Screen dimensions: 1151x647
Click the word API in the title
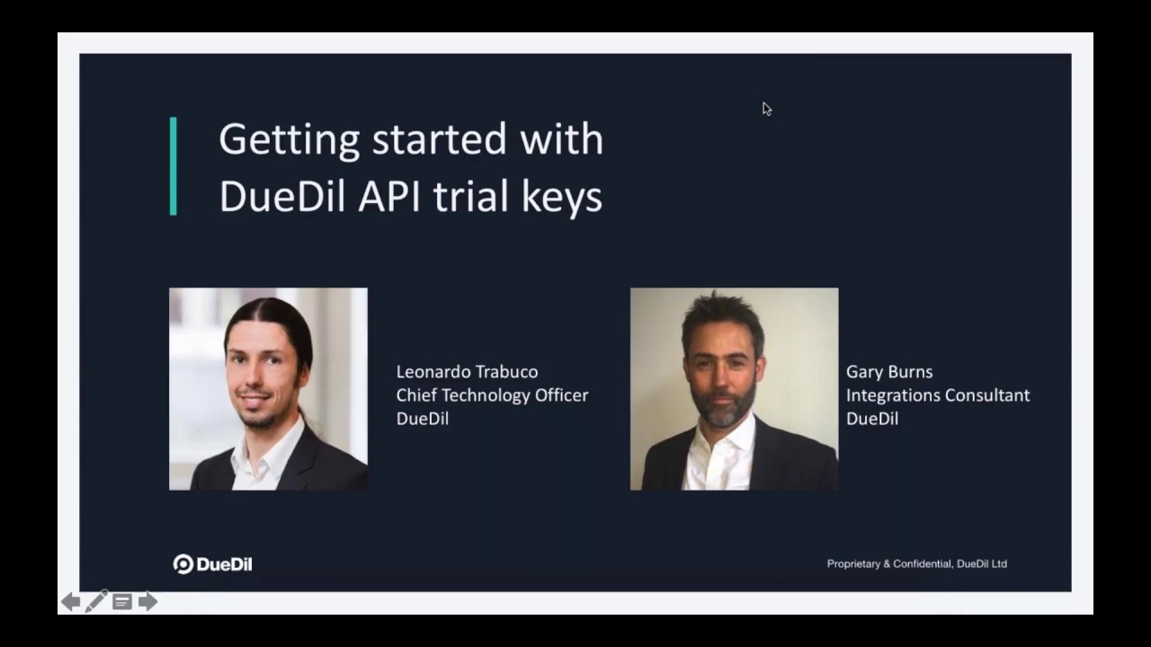coord(389,196)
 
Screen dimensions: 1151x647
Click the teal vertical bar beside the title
coord(174,166)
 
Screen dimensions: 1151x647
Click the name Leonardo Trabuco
coord(467,372)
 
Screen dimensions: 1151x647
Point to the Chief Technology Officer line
coord(492,395)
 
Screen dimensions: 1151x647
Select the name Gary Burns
coord(889,372)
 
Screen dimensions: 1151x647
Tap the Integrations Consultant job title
coord(938,395)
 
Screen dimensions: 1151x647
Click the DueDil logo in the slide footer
coord(212,563)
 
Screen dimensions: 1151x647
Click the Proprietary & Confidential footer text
coord(916,563)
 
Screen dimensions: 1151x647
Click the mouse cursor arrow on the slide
coord(767,109)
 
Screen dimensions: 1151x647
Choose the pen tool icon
coord(96,601)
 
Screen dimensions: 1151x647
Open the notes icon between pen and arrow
coord(122,602)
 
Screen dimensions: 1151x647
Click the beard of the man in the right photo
coord(724,405)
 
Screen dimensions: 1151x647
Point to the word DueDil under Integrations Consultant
coord(872,419)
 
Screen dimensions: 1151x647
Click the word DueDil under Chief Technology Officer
coord(423,419)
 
